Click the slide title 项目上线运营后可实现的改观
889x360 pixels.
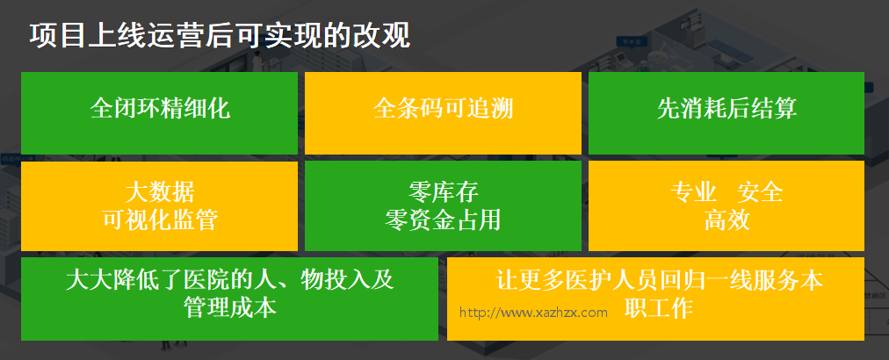pyautogui.click(x=220, y=36)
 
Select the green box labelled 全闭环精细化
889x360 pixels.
pyautogui.click(x=159, y=112)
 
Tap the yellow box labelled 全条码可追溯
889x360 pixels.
pyautogui.click(x=443, y=112)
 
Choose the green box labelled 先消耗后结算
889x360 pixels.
pyautogui.click(x=726, y=112)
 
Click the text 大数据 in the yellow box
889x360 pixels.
pyautogui.click(x=159, y=192)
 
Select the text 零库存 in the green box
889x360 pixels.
pyautogui.click(x=443, y=192)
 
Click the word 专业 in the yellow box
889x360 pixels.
pyautogui.click(x=693, y=192)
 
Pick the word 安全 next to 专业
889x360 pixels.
pyautogui.click(x=760, y=192)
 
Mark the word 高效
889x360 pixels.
pyautogui.click(x=726, y=220)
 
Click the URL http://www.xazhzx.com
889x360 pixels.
pyautogui.click(x=533, y=313)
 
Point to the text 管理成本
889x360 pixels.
pyautogui.click(x=229, y=308)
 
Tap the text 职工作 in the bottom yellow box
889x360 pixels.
pyautogui.click(x=660, y=308)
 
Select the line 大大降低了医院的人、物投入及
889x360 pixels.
pyautogui.click(x=229, y=280)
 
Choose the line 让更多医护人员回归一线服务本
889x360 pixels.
pyautogui.click(x=660, y=280)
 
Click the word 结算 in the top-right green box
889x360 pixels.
pyautogui.click(x=774, y=108)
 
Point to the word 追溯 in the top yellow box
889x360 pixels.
pyautogui.click(x=490, y=108)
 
